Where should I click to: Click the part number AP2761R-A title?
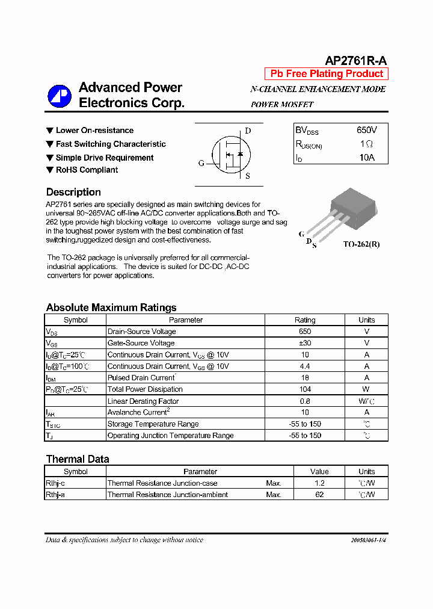point(356,60)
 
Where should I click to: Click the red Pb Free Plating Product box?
point(327,74)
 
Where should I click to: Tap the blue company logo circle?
point(60,95)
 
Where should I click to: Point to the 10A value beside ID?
point(366,158)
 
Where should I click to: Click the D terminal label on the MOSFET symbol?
point(248,131)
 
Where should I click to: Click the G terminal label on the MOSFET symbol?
point(201,163)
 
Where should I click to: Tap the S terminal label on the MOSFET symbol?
point(248,176)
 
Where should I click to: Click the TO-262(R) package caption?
point(361,244)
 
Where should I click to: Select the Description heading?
point(73,192)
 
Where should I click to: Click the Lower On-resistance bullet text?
point(94,131)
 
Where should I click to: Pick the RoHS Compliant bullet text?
point(87,170)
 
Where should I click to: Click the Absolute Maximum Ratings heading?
point(111,308)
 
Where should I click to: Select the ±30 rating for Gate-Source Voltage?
point(305,343)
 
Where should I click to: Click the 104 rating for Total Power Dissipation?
point(305,389)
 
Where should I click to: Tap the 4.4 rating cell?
point(305,366)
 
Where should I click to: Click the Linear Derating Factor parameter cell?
point(143,401)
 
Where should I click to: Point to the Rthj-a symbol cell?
point(56,495)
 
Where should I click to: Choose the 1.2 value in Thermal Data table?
point(319,483)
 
